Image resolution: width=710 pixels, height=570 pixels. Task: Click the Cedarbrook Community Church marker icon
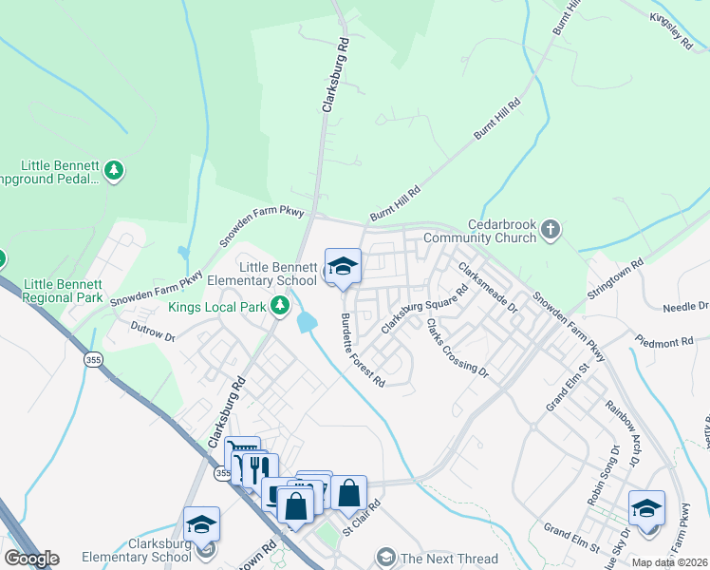551,230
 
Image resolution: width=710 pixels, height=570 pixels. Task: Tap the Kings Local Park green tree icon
279,306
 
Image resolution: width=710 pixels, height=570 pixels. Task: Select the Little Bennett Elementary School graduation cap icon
343,267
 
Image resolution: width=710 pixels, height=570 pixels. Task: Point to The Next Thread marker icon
385,557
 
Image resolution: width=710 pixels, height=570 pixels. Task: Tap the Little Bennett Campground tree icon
114,171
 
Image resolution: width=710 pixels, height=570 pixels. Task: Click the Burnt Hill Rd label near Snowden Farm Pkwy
395,204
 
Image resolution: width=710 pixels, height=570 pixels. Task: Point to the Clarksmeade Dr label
488,287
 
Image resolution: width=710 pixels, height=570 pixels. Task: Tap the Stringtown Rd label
615,280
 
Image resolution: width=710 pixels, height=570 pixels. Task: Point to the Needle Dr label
685,307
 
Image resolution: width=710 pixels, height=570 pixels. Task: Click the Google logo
31,559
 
